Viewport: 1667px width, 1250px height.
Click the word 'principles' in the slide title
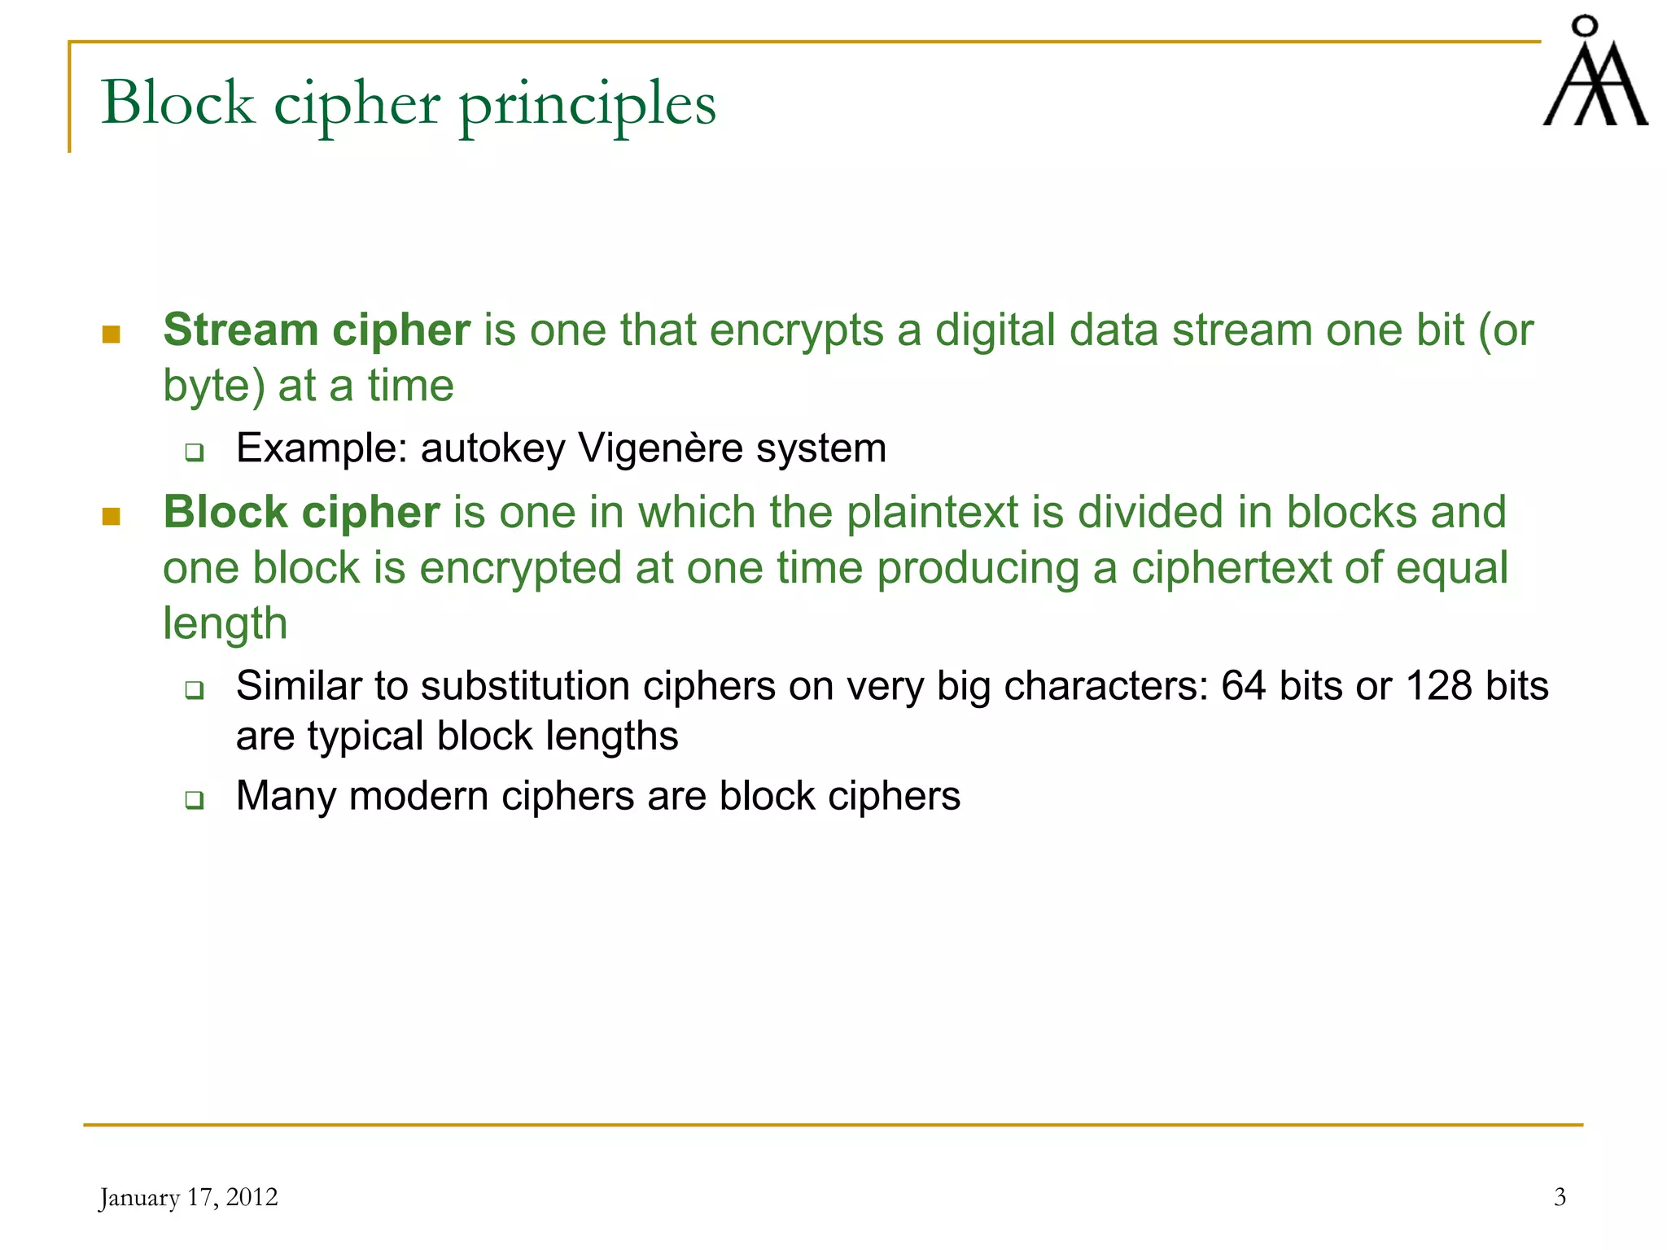(587, 105)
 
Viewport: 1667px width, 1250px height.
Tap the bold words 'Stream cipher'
(317, 330)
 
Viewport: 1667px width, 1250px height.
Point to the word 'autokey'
(492, 449)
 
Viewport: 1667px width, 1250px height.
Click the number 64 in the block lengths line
(1243, 686)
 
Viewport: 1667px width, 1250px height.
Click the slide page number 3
(1560, 1197)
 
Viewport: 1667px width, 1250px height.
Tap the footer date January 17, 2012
(189, 1198)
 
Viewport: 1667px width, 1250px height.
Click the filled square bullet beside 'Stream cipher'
(112, 334)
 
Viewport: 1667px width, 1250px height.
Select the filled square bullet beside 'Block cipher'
(112, 517)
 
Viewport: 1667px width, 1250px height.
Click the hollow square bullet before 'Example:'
(194, 452)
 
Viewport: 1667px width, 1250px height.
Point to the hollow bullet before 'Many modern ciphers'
(194, 800)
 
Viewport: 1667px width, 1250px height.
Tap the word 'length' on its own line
(225, 624)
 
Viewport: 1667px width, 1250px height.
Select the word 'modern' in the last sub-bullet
(418, 796)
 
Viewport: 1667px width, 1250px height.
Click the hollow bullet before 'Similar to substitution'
(194, 691)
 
